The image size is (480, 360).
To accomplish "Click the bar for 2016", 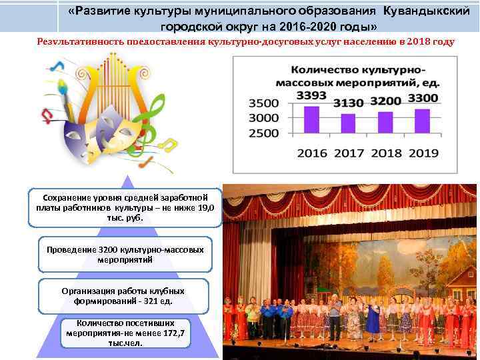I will (x=307, y=120).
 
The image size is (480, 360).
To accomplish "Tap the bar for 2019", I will (x=422, y=121).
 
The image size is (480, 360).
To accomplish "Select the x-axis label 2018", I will (x=385, y=153).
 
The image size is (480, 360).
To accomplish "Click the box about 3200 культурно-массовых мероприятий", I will (x=125, y=254).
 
